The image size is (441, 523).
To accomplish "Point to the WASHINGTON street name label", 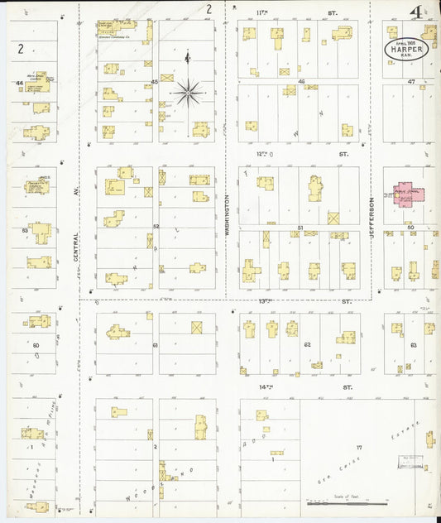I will pyautogui.click(x=227, y=217).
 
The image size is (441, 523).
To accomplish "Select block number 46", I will pyautogui.click(x=302, y=81).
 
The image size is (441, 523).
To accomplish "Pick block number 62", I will pyautogui.click(x=306, y=343).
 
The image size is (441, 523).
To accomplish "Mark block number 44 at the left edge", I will pyautogui.click(x=18, y=84).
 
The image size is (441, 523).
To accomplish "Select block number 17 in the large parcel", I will pyautogui.click(x=359, y=448).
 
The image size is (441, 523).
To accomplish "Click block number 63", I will pyautogui.click(x=414, y=343).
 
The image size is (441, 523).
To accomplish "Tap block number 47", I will pyautogui.click(x=411, y=82).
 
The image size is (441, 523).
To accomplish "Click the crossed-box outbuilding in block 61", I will pyautogui.click(x=197, y=328).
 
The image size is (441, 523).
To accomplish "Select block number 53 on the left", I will pyautogui.click(x=25, y=230).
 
